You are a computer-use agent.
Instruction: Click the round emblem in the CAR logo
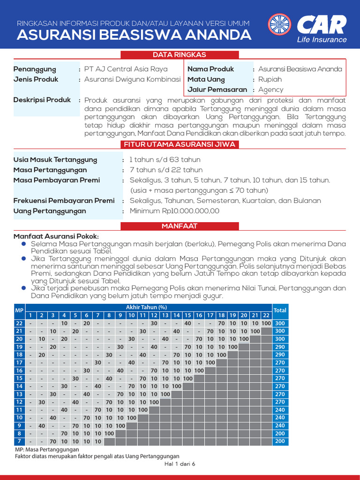click(279, 26)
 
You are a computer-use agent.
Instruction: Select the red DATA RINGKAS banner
click(180, 55)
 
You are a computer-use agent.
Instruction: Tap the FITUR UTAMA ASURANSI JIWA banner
click(180, 144)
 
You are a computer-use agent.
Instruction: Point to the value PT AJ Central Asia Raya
click(126, 69)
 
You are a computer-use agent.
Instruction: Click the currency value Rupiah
click(271, 80)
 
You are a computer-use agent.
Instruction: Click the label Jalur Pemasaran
click(217, 90)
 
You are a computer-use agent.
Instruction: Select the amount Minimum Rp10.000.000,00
click(174, 211)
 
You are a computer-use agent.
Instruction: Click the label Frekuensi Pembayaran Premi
click(64, 201)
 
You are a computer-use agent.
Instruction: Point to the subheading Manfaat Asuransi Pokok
click(56, 236)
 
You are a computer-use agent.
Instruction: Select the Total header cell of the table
click(280, 310)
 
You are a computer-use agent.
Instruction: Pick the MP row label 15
click(19, 378)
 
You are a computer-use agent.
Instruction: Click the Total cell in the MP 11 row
click(280, 410)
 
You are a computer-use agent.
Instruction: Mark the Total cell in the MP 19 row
click(280, 347)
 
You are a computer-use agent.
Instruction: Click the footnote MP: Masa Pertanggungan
click(47, 450)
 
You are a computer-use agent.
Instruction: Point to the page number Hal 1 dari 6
click(180, 464)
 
